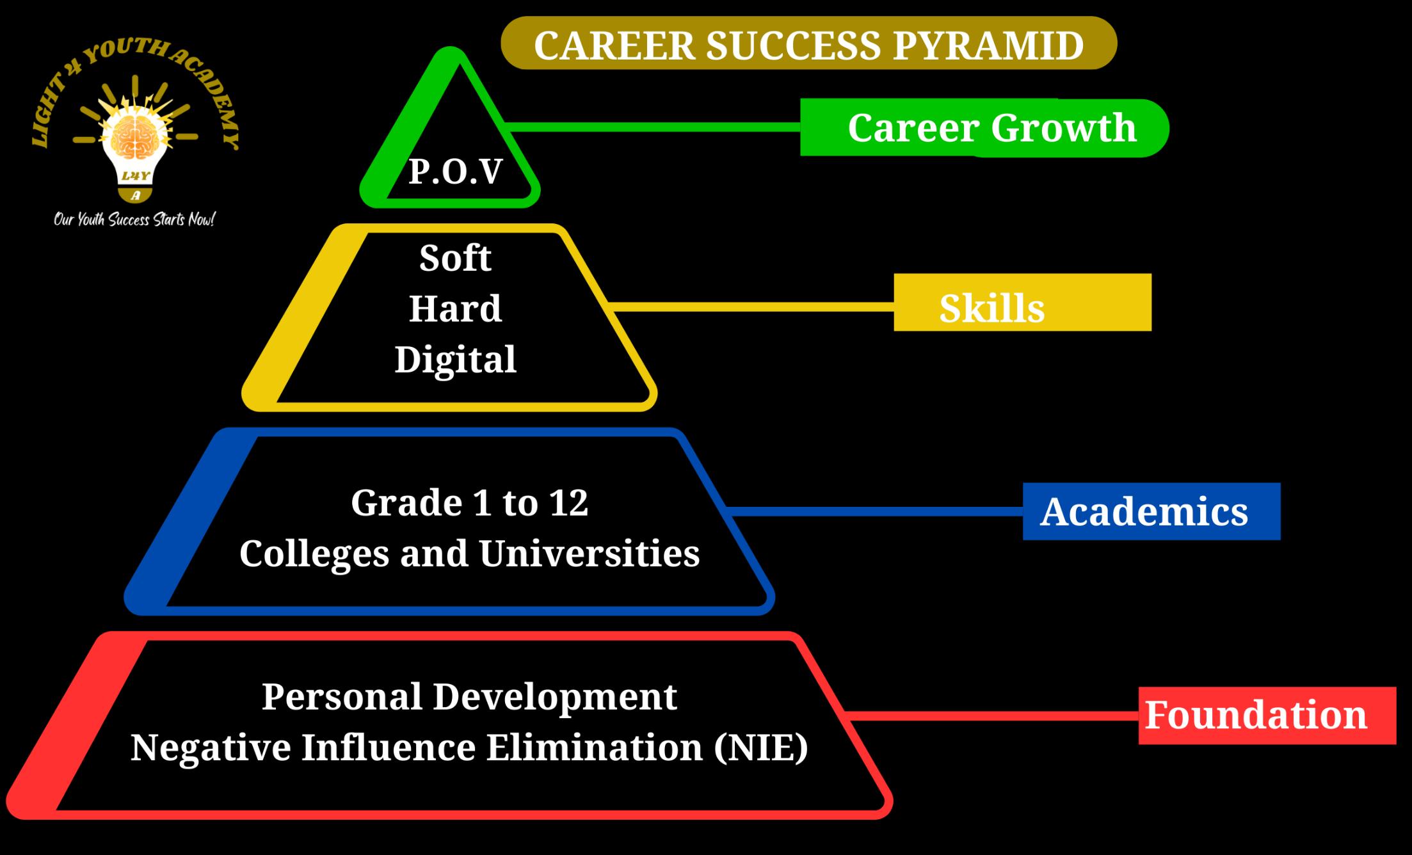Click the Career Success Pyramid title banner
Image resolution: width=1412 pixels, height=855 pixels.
808,44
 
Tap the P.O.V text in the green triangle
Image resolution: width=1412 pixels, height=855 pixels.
455,172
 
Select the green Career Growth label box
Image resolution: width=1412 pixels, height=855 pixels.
984,127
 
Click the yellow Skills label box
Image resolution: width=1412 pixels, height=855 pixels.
1022,302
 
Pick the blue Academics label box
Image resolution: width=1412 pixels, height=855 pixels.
1151,511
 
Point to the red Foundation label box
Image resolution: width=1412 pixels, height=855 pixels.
1267,715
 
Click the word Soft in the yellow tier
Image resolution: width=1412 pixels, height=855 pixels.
455,258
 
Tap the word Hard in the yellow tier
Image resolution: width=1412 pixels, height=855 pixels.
455,308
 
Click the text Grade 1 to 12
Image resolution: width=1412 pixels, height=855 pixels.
469,502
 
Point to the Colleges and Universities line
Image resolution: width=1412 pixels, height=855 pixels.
469,554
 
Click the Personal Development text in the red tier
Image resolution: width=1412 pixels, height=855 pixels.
469,697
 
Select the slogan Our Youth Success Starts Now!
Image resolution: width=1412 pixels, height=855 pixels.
134,220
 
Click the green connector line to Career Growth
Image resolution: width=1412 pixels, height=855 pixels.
653,127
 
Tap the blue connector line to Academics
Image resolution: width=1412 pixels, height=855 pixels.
875,511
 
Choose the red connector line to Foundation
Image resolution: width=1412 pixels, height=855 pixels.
991,715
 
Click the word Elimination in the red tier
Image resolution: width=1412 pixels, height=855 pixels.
595,747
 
